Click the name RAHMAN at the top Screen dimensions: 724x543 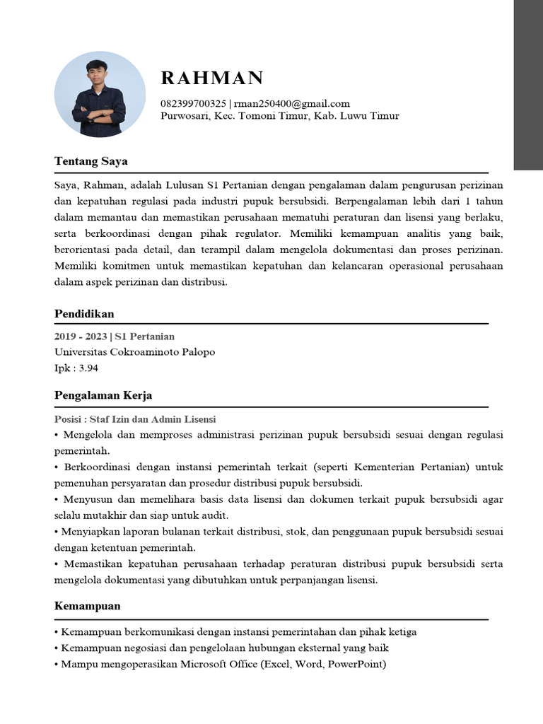coord(212,78)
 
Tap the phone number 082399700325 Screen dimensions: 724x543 coord(194,104)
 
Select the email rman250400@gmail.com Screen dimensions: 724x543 coord(291,104)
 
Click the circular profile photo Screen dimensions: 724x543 coord(100,94)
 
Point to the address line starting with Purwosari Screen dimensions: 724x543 coord(280,116)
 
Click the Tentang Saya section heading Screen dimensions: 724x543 coord(90,161)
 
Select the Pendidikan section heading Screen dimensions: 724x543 coord(84,313)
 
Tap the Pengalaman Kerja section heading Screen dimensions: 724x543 coord(103,395)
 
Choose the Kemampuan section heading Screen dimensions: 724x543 coord(87,606)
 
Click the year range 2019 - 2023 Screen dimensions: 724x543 coord(80,337)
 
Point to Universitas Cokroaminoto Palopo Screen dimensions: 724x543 coord(134,351)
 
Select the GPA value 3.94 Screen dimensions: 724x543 coord(87,368)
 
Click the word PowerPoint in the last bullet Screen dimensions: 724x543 coord(354,664)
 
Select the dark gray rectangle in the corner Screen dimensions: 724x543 coord(528,85)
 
